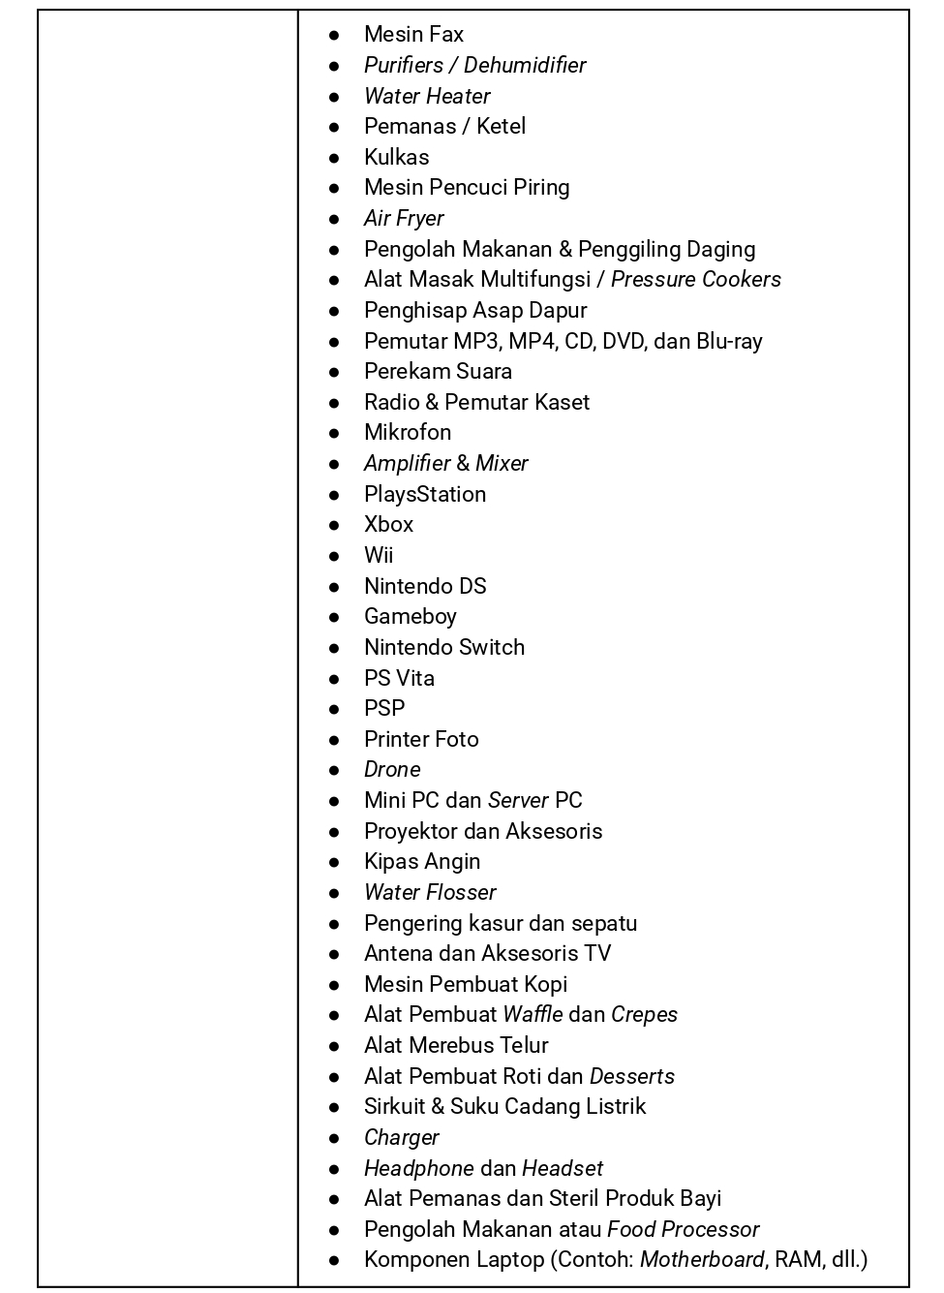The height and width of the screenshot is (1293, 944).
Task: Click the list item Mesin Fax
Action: coord(413,35)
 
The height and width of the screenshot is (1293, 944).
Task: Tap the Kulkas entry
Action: coord(396,157)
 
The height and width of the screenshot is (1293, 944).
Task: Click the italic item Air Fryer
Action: coord(404,219)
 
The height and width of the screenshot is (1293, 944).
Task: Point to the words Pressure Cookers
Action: coord(695,280)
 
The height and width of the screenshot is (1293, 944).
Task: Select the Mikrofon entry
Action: coord(408,433)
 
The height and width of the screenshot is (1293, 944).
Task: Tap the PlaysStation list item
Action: coord(425,494)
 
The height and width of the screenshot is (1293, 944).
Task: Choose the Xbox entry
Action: coord(388,525)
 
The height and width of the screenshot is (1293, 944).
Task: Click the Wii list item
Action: coord(379,556)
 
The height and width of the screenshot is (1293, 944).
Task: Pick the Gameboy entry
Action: coord(410,617)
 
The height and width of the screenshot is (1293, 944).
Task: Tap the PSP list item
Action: coord(384,708)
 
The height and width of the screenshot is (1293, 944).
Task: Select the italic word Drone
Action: coord(392,770)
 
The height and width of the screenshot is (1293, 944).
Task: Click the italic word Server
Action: coord(518,801)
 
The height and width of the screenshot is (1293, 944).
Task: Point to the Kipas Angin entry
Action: coord(422,862)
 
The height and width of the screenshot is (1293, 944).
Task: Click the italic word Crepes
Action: coord(644,1015)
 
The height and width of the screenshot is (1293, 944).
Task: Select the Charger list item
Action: coord(401,1138)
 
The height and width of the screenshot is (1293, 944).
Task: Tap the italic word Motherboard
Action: coord(702,1260)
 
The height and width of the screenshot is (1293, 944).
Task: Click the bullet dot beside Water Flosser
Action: coord(334,893)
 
